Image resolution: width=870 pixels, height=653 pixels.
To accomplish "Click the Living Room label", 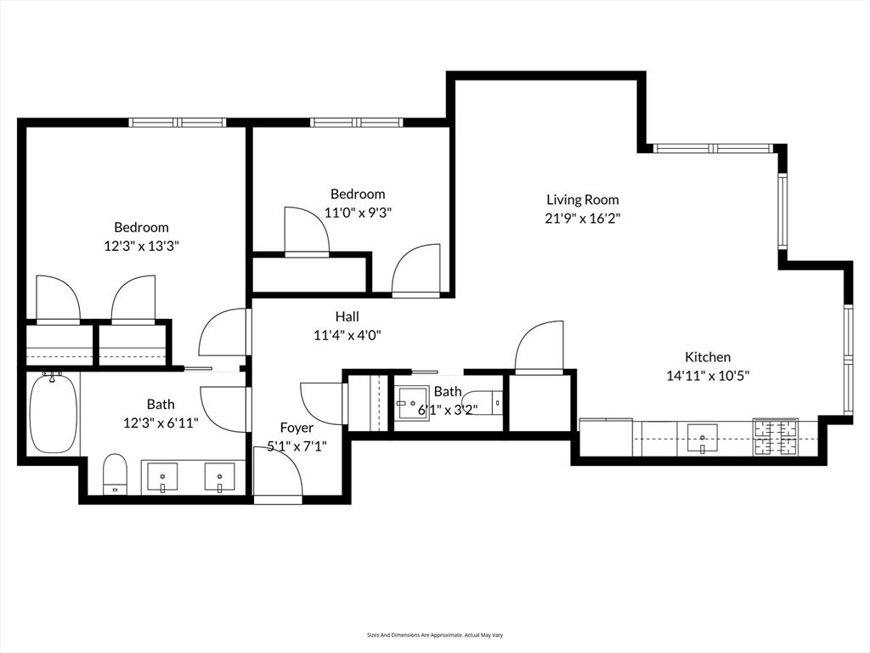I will [582, 200].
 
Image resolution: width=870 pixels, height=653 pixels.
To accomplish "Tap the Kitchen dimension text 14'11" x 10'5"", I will [708, 375].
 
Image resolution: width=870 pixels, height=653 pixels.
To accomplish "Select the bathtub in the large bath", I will [54, 414].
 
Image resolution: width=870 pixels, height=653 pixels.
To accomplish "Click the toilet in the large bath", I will [115, 474].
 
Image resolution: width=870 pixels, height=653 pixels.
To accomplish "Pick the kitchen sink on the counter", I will [702, 438].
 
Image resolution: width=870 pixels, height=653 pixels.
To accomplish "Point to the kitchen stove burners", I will [775, 437].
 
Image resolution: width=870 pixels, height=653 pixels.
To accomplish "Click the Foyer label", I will [297, 428].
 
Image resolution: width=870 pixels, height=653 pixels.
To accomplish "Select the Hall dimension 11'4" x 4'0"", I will [347, 335].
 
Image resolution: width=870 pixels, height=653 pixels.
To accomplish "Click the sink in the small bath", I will [414, 403].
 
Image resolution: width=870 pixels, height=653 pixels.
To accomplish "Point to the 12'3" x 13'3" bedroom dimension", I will [141, 246].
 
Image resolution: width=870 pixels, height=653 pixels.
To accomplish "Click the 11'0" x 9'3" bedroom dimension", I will [358, 213].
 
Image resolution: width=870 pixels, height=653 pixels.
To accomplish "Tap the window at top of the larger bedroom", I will [178, 122].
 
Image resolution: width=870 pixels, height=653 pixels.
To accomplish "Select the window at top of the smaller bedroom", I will [356, 122].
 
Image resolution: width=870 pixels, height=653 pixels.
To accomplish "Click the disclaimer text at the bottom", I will [435, 634].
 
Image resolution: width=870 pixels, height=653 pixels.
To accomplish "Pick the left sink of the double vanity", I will [162, 478].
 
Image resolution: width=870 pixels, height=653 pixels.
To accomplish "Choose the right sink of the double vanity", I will [219, 478].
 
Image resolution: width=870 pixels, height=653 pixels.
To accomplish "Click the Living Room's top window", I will [713, 148].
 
